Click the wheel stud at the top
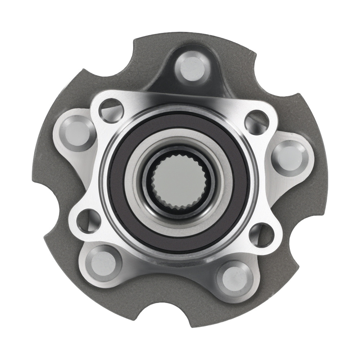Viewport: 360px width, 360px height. [x=192, y=68]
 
